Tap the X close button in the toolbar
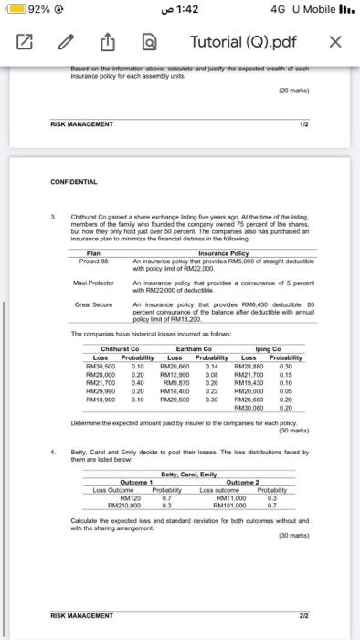pos(335,42)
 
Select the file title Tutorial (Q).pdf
pos(243,42)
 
